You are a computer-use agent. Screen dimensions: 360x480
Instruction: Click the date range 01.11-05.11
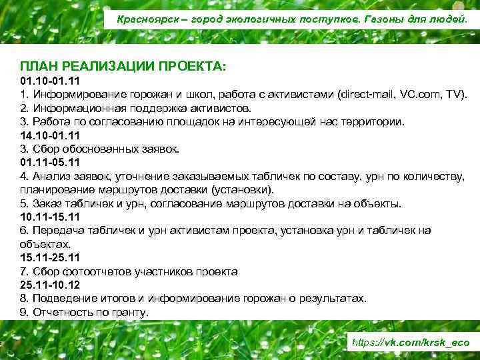pyautogui.click(x=49, y=163)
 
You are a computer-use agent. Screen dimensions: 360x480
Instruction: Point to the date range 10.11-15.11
pyautogui.click(x=49, y=217)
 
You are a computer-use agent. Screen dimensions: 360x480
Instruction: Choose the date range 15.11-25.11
pyautogui.click(x=49, y=257)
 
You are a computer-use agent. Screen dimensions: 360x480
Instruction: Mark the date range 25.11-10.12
pyautogui.click(x=49, y=285)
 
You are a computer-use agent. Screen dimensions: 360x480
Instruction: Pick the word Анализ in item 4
pyautogui.click(x=52, y=176)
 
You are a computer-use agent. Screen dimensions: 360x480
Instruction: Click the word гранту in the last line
pyautogui.click(x=131, y=312)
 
